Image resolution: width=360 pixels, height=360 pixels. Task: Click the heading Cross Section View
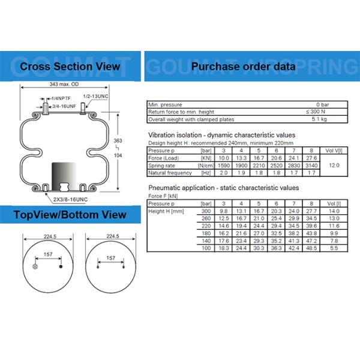tap(70, 67)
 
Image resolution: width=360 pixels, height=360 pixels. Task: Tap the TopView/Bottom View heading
tap(70, 214)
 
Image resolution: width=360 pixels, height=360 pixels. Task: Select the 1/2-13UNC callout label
tap(95, 96)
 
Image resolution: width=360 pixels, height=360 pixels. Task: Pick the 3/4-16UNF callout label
tap(64, 106)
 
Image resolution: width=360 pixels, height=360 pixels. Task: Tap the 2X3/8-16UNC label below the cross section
tap(69, 199)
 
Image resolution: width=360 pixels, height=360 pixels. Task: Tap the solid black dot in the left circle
tap(60, 265)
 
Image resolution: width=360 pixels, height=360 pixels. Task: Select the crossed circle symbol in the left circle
tap(36, 265)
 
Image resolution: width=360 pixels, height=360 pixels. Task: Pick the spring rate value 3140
tap(311, 165)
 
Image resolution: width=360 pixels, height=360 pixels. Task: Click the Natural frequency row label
tap(170, 173)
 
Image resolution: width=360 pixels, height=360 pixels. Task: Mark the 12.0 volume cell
tap(335, 165)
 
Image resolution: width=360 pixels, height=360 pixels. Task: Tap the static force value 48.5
tap(311, 248)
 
